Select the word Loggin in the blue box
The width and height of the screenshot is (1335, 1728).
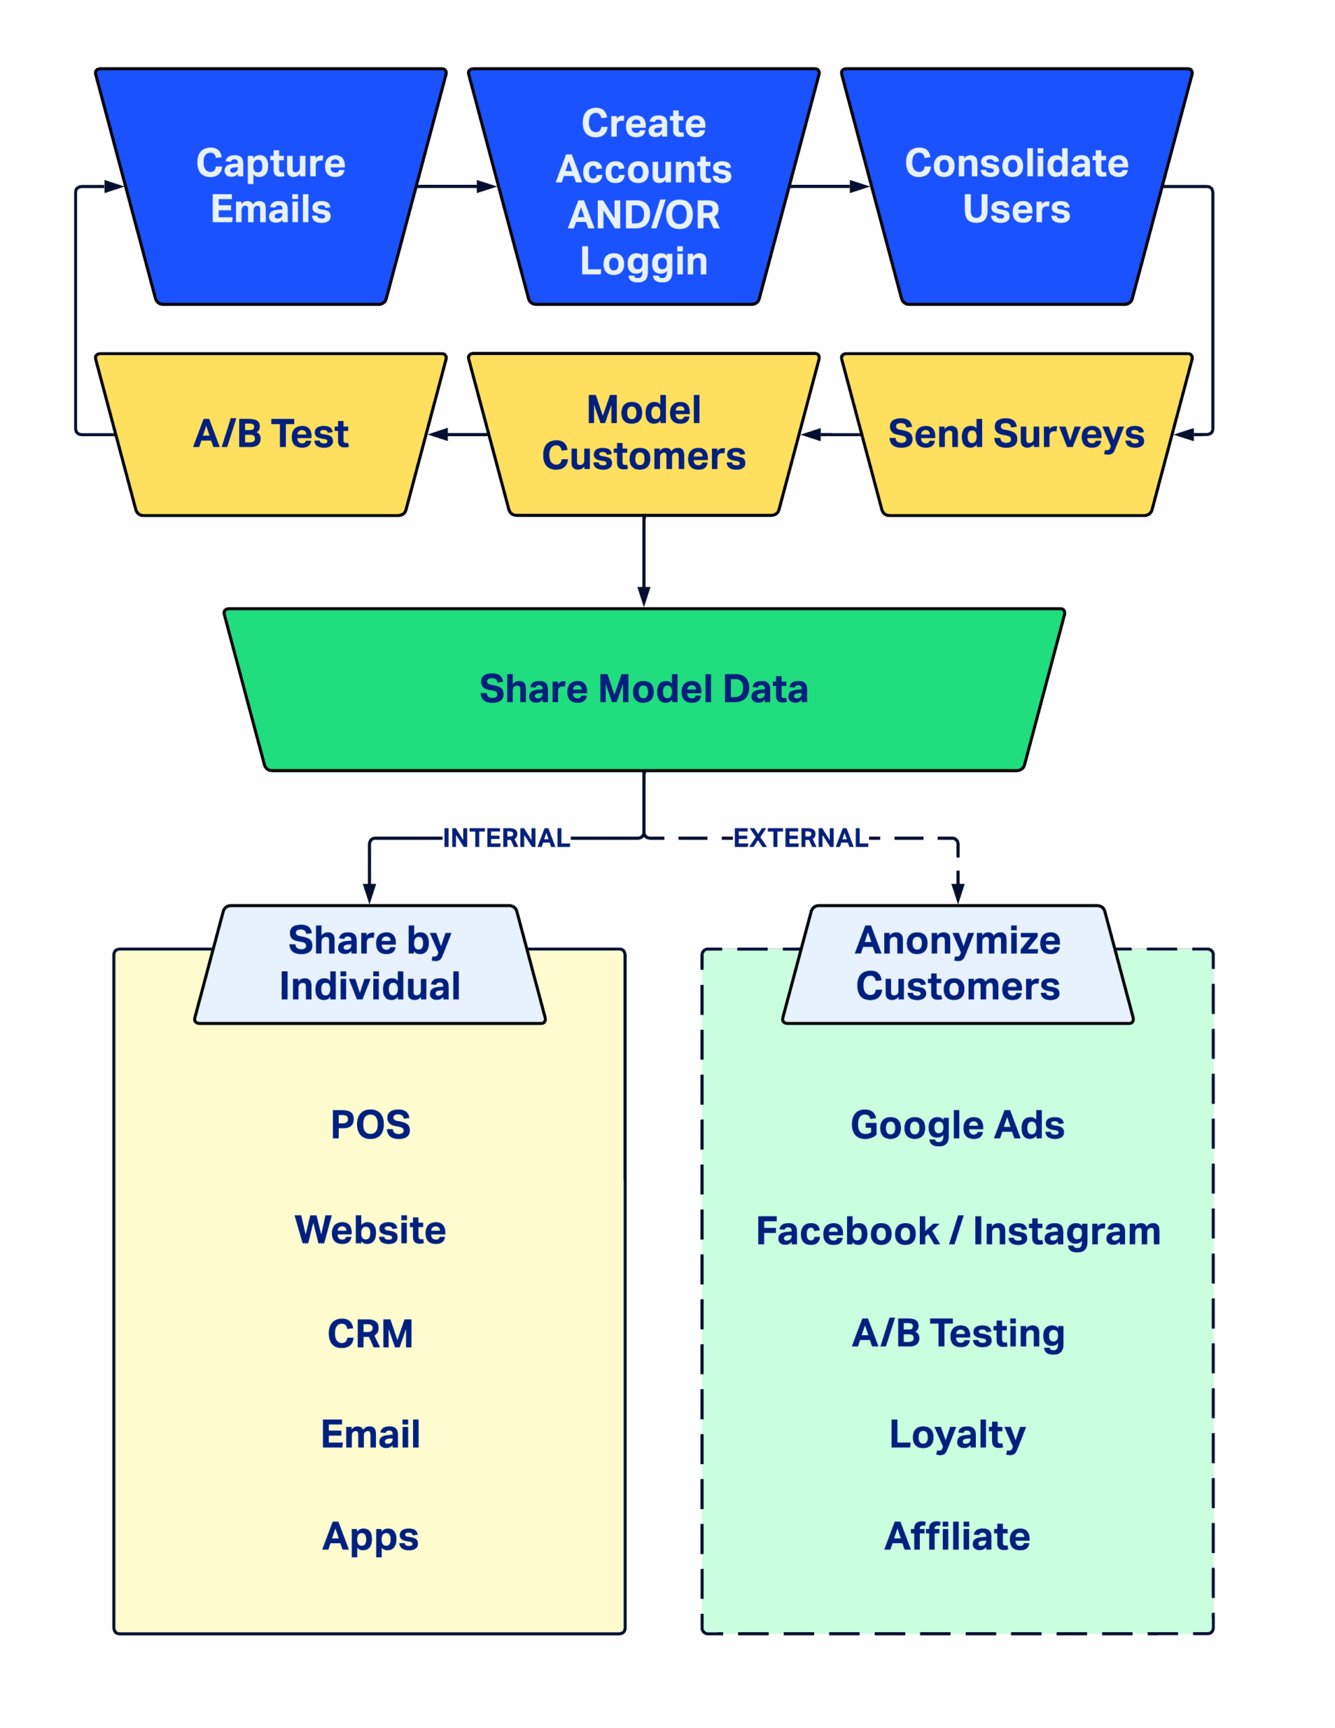[643, 261]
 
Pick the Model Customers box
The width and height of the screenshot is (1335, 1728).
[643, 433]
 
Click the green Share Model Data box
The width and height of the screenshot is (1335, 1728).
[643, 688]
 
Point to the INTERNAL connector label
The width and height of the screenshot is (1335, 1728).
[506, 837]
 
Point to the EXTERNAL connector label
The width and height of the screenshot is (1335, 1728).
[800, 837]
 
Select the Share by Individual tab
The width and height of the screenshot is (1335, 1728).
[370, 963]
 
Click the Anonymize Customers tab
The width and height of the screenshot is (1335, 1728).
[958, 963]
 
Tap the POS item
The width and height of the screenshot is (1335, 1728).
[371, 1125]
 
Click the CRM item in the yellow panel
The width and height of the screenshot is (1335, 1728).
[371, 1334]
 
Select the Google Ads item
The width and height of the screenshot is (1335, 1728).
[958, 1125]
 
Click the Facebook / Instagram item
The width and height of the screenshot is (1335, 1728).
[958, 1231]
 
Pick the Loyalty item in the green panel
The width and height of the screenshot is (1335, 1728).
[958, 1434]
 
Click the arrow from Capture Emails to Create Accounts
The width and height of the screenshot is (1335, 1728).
[455, 187]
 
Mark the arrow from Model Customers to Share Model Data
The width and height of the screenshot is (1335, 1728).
[644, 562]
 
